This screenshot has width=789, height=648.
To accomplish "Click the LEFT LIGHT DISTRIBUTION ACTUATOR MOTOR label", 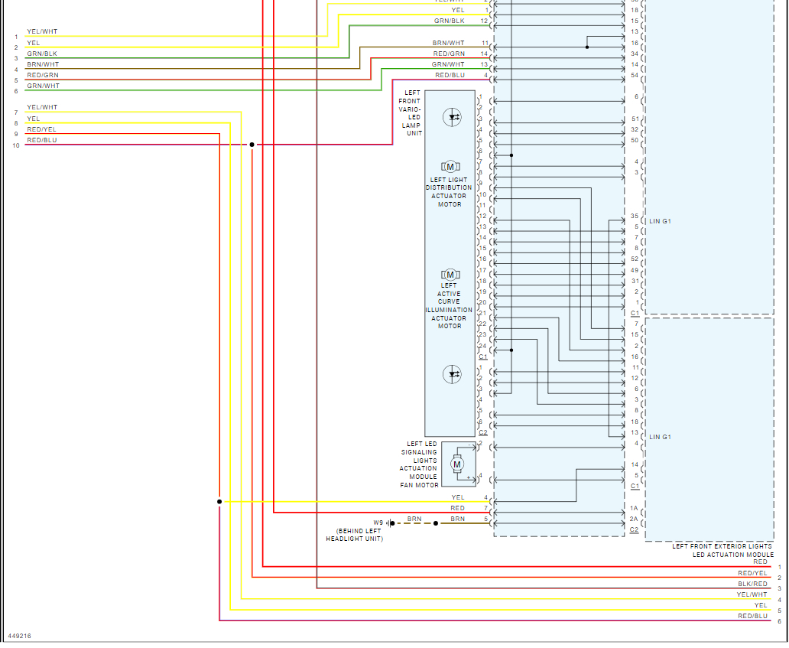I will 450,192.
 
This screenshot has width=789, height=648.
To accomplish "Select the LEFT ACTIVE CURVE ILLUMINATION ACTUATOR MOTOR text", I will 450,305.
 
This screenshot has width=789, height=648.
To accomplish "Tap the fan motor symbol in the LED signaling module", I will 457,464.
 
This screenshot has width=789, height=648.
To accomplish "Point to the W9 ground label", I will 378,523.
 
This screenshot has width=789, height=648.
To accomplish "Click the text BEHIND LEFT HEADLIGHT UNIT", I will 353,535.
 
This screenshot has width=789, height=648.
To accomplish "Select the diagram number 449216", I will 20,636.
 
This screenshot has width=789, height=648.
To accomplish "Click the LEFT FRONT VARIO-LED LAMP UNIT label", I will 411,113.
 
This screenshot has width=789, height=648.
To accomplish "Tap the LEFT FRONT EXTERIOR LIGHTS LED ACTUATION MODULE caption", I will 722,550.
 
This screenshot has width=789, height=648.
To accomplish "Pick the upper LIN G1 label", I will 659,221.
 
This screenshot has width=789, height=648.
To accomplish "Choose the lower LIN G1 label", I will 659,437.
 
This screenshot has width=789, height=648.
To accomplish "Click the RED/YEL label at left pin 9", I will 42,130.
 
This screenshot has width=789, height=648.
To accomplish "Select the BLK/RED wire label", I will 752,584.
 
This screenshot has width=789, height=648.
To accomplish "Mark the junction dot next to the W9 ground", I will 437,523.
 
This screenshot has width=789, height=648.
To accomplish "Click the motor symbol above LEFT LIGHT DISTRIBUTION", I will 450,167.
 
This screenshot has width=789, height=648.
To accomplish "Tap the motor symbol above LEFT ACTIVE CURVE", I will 450,275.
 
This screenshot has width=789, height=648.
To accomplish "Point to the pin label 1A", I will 634,509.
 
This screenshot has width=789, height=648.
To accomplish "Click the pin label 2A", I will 634,519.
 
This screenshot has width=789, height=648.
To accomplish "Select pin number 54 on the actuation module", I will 635,75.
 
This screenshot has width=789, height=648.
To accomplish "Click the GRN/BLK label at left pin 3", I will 42,54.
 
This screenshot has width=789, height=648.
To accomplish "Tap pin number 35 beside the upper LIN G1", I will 635,217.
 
